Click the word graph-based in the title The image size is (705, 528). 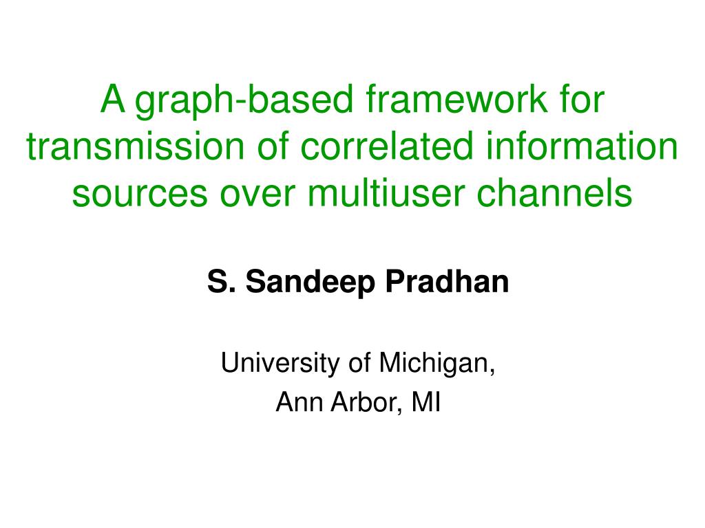244,102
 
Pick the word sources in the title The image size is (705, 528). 140,193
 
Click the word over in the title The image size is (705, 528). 257,193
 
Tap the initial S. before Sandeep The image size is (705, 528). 221,281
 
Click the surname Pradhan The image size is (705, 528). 448,281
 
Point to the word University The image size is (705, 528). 280,364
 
